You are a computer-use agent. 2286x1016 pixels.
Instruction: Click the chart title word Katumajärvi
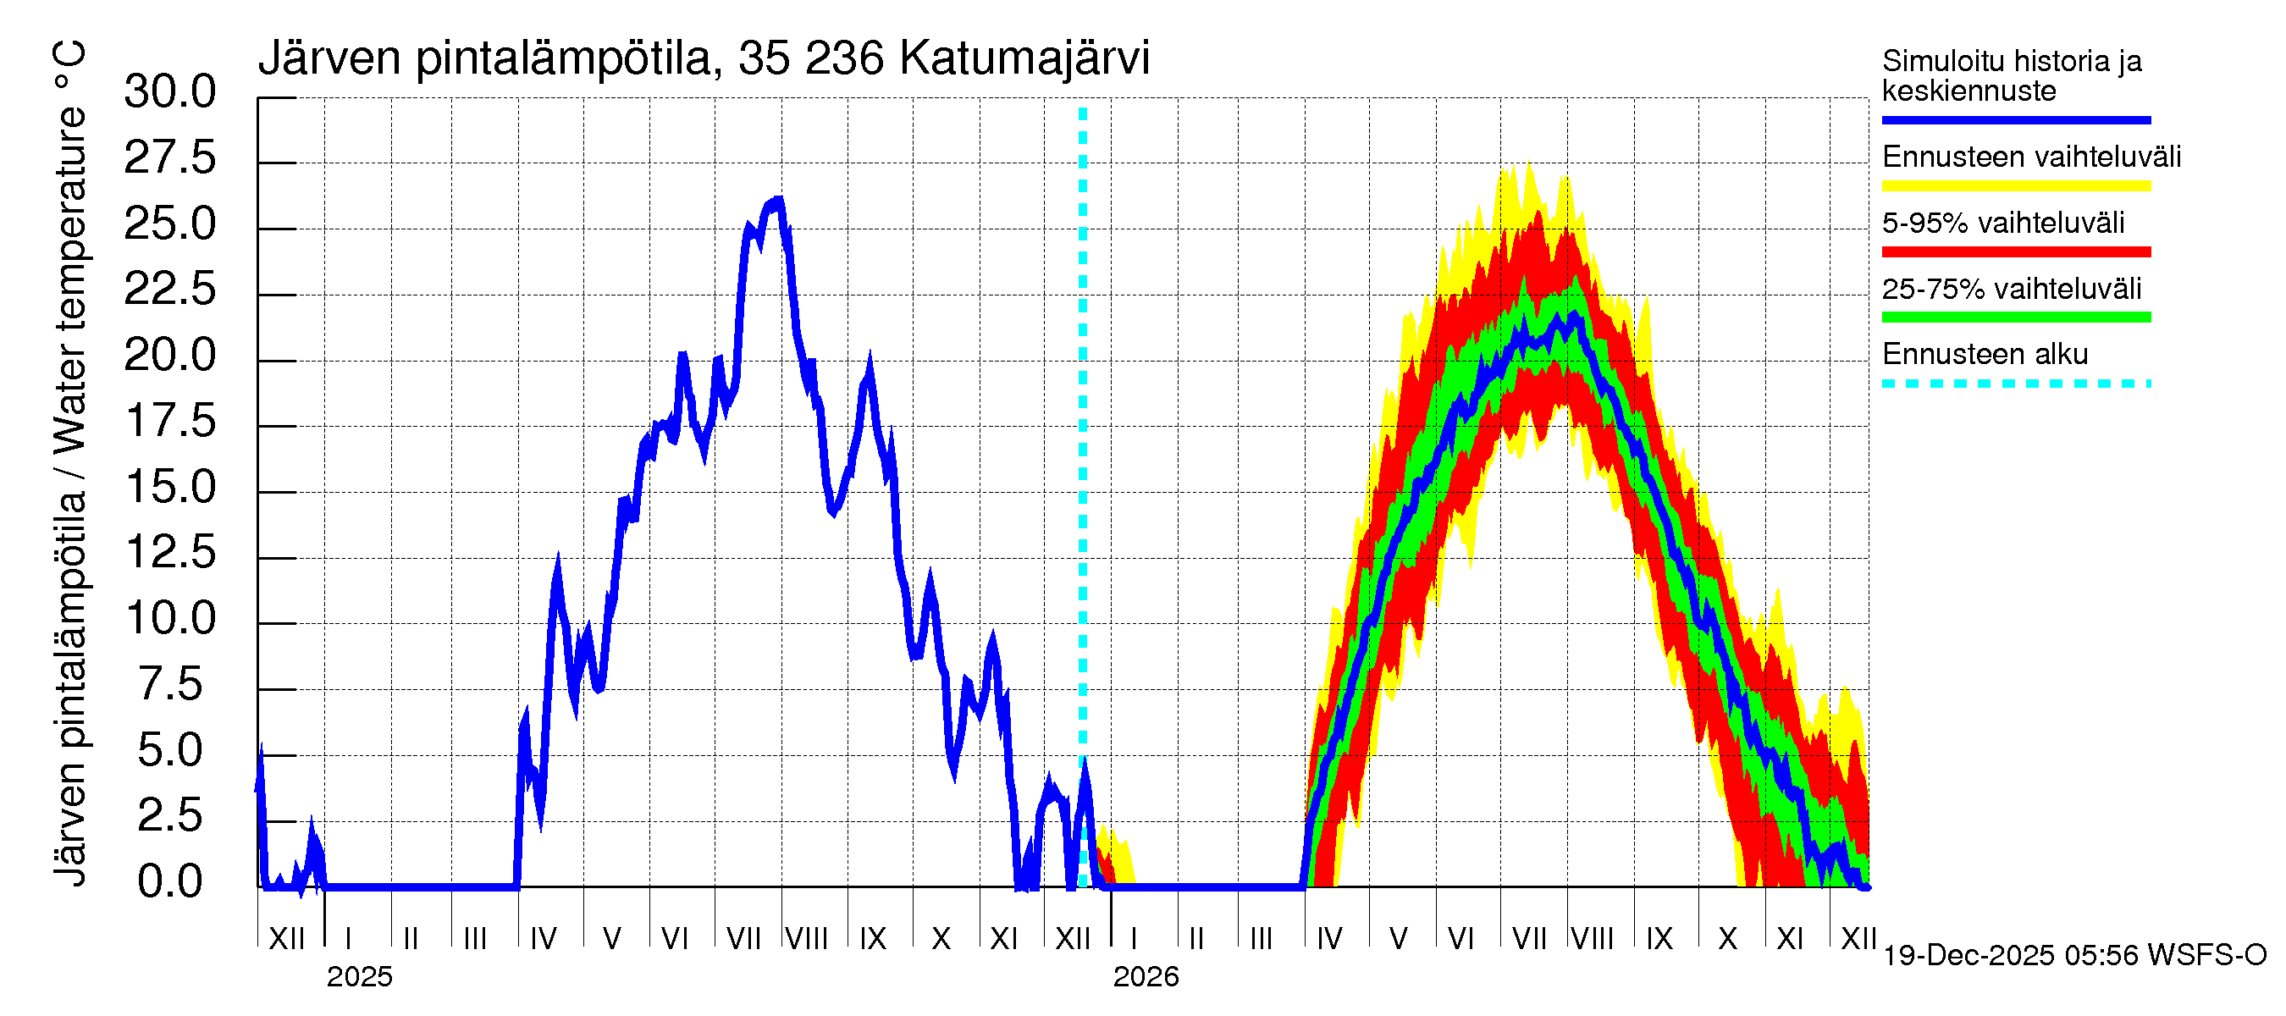pyautogui.click(x=1024, y=58)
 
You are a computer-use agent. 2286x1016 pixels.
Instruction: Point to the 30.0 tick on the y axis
pyautogui.click(x=169, y=92)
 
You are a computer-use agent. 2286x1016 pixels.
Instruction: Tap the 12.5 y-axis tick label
pyautogui.click(x=169, y=553)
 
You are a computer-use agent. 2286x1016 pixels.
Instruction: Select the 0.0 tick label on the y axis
pyautogui.click(x=169, y=882)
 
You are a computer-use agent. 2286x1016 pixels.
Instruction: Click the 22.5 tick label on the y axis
pyautogui.click(x=169, y=290)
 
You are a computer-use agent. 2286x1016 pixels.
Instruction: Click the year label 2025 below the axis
pyautogui.click(x=359, y=977)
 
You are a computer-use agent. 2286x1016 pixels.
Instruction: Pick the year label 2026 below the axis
pyautogui.click(x=1146, y=977)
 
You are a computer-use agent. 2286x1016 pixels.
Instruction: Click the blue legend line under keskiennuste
pyautogui.click(x=2015, y=119)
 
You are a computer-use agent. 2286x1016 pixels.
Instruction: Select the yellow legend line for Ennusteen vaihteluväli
pyautogui.click(x=2015, y=186)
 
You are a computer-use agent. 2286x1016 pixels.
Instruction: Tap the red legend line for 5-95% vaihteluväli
pyautogui.click(x=2015, y=252)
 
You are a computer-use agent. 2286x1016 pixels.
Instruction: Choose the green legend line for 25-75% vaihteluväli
pyautogui.click(x=2015, y=317)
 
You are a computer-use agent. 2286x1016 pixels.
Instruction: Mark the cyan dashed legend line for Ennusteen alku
pyautogui.click(x=2015, y=384)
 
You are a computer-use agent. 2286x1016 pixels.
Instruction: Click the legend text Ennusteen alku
pyautogui.click(x=1985, y=355)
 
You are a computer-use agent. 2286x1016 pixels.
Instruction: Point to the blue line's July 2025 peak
pyautogui.click(x=777, y=202)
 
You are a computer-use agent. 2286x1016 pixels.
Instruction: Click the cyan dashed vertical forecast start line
pyautogui.click(x=1083, y=444)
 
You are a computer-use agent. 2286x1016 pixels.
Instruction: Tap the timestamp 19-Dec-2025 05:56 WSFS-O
pyautogui.click(x=2073, y=956)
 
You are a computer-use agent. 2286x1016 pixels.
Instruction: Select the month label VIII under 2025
pyautogui.click(x=807, y=939)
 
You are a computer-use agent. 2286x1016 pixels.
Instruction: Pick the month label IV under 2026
pyautogui.click(x=1329, y=939)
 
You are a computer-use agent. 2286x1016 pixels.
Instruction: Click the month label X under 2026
pyautogui.click(x=1727, y=939)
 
